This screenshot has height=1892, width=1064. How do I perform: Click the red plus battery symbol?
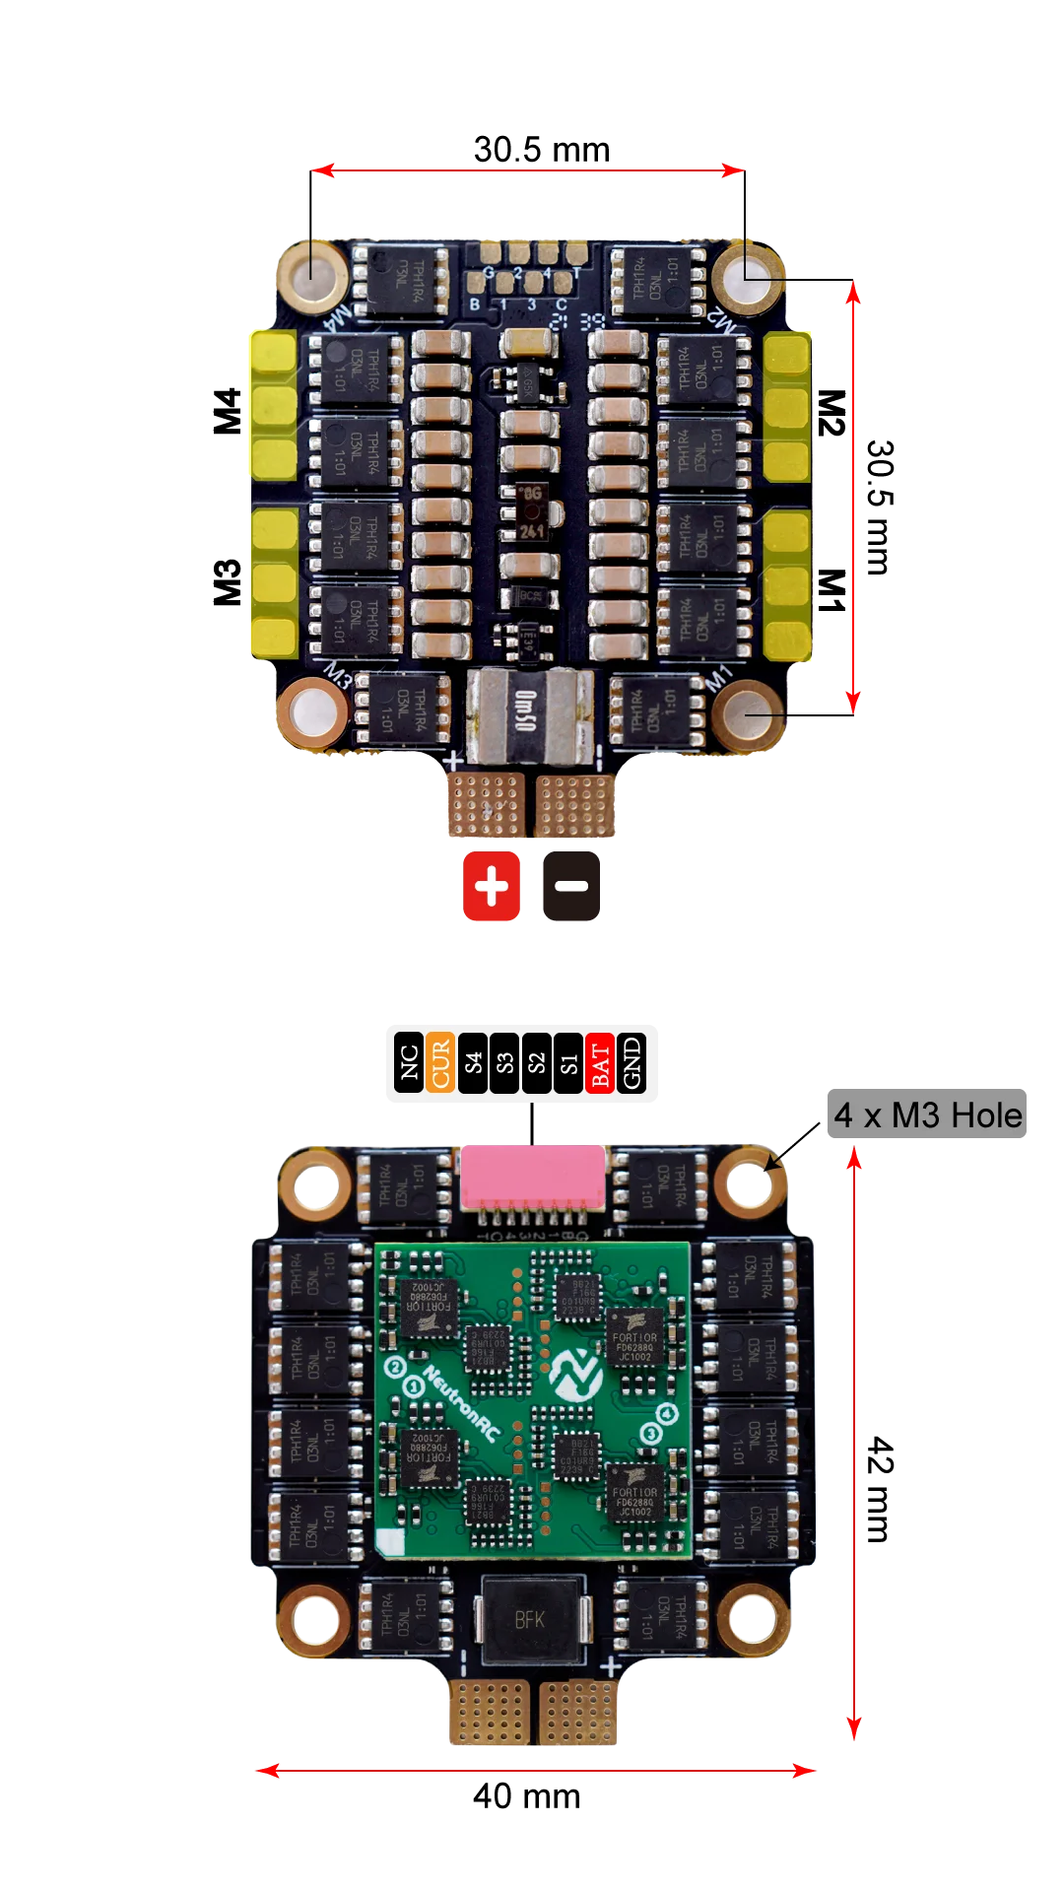492,887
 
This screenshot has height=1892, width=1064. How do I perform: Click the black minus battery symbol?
571,887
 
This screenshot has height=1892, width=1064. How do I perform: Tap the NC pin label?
409,1063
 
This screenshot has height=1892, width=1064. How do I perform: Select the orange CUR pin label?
440,1063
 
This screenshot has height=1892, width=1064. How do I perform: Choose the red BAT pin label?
600,1063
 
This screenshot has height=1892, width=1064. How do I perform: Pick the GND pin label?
632,1063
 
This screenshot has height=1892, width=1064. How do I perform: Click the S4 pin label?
473,1063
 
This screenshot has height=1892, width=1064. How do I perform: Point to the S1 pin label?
568,1063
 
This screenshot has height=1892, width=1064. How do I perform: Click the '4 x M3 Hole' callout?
928,1115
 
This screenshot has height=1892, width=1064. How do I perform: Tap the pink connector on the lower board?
532,1177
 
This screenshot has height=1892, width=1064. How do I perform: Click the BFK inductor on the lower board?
531,1619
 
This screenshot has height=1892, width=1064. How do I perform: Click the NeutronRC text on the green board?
461,1403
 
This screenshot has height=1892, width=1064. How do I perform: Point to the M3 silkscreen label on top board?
338,677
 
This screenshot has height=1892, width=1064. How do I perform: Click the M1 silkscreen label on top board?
720,678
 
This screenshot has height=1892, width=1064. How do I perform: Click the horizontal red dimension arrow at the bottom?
535,1771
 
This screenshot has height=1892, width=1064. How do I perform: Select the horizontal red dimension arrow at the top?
528,170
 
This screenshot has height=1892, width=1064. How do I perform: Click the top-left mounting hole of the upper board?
311,273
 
